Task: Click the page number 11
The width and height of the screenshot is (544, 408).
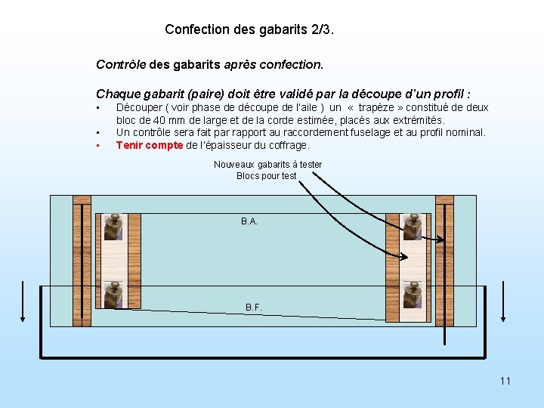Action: point(505,381)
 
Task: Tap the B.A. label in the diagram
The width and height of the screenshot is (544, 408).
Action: point(249,221)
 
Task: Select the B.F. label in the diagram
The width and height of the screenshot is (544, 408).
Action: point(254,308)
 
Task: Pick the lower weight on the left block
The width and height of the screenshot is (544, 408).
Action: point(113,295)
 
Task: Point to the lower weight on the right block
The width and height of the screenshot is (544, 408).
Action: point(412,295)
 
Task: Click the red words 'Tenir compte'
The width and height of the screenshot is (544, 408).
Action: point(150,145)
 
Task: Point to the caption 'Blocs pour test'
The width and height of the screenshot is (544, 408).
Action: point(267,176)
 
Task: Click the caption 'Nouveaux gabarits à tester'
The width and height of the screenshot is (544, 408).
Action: point(267,165)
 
